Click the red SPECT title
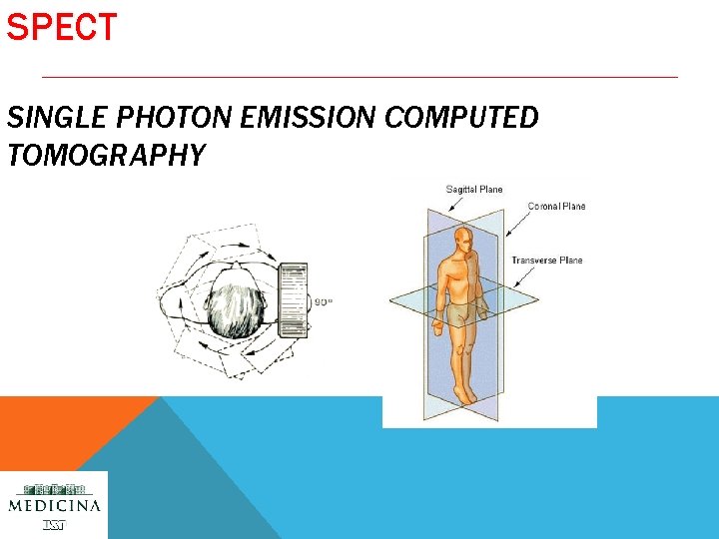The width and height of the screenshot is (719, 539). click(62, 27)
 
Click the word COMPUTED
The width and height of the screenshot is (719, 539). click(460, 118)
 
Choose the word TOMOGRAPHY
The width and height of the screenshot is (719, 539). click(106, 155)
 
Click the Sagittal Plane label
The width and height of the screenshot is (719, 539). click(473, 190)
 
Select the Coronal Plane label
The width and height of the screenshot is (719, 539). click(556, 207)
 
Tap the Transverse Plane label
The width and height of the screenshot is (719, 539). click(546, 261)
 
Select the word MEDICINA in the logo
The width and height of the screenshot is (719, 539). click(54, 505)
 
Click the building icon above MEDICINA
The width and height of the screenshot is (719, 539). click(54, 488)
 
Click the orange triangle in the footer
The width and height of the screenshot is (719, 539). click(60, 429)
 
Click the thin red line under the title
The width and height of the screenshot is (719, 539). click(359, 77)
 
